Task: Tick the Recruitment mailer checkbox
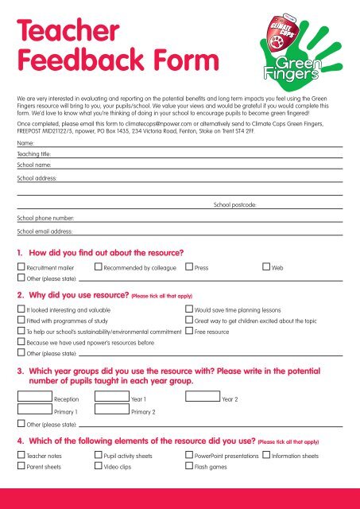click(21, 269)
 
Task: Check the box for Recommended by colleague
click(98, 269)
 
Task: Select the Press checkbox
click(188, 269)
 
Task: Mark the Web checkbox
click(266, 269)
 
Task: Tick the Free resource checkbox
click(188, 330)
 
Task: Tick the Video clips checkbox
click(98, 467)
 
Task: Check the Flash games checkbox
click(188, 467)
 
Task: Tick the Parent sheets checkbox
click(21, 467)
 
